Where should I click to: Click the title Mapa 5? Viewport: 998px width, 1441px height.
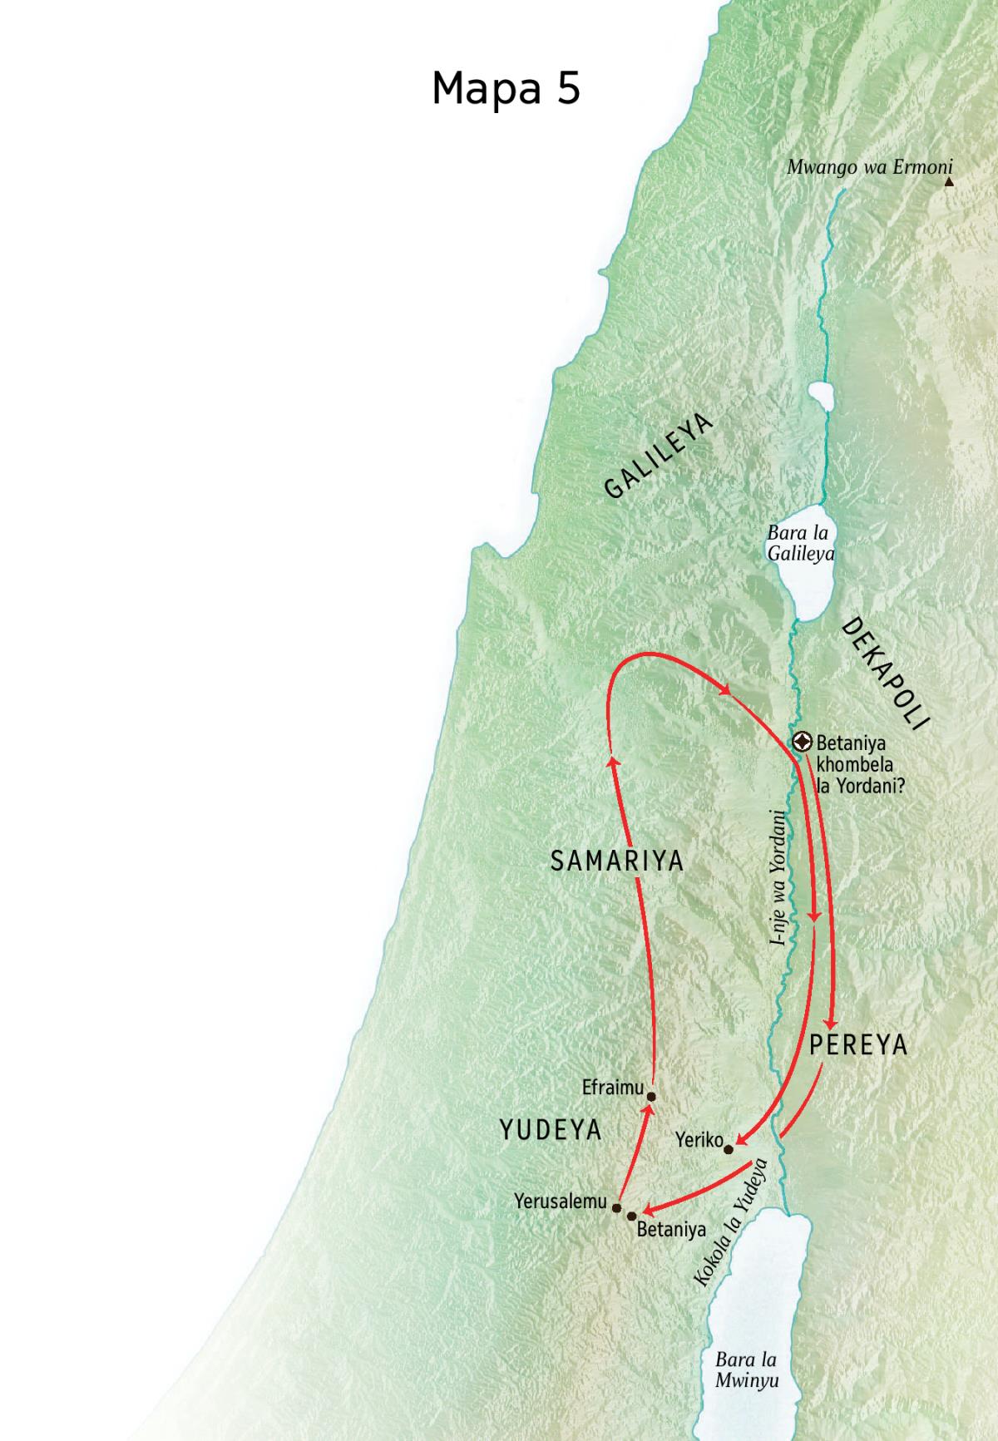click(506, 88)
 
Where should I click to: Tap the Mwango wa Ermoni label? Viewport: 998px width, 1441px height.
click(869, 166)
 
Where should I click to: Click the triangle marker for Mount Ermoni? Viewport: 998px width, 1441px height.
click(949, 180)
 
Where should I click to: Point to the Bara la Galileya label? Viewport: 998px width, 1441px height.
click(800, 543)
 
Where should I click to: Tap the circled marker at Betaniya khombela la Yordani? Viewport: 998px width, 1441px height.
click(803, 741)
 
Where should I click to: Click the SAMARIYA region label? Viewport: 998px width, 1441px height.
click(617, 861)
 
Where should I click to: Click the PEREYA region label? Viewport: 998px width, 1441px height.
click(857, 1045)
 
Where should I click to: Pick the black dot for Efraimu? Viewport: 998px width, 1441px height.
click(651, 1096)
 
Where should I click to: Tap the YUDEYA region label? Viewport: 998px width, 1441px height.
click(551, 1129)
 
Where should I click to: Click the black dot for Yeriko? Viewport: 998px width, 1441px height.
click(729, 1149)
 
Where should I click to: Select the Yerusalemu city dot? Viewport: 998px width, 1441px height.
click(616, 1207)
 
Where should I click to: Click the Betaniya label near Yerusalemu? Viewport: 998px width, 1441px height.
click(671, 1229)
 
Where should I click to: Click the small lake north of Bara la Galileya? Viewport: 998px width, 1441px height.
click(819, 397)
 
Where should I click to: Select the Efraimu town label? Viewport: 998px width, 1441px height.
click(613, 1087)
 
